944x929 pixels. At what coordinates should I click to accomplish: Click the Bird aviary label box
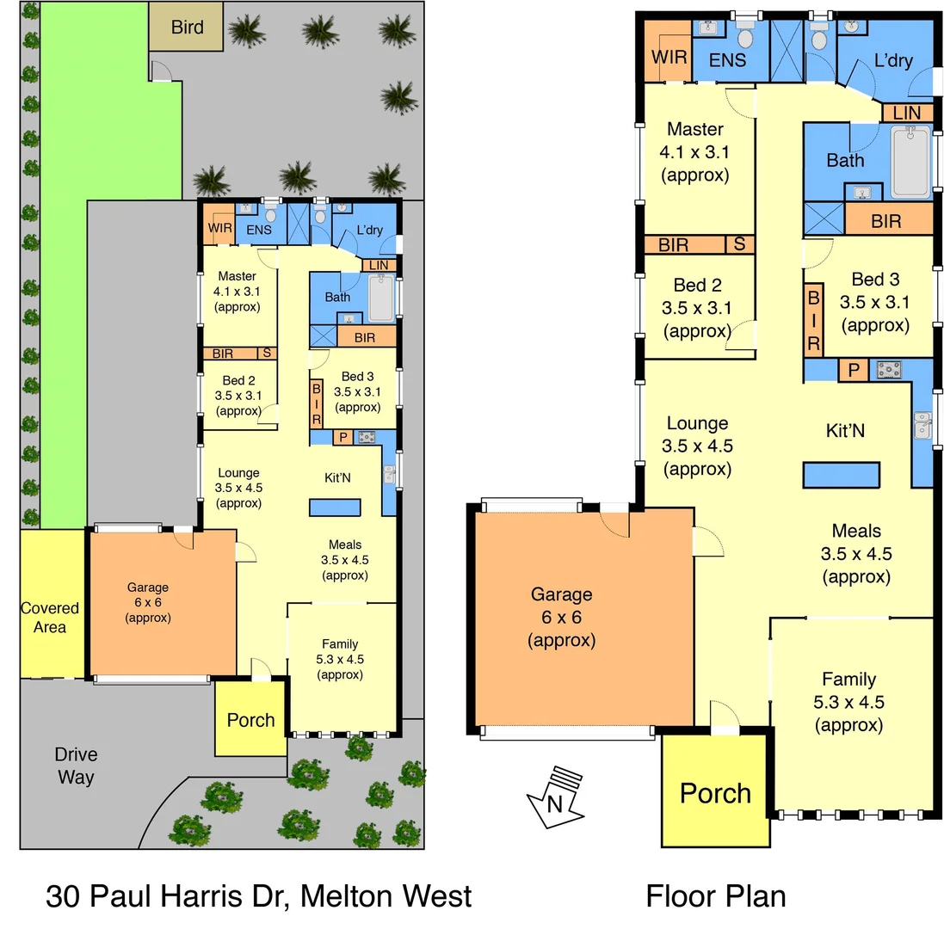(x=187, y=27)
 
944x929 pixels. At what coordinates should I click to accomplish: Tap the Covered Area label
(x=50, y=618)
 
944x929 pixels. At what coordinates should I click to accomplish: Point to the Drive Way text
(x=76, y=766)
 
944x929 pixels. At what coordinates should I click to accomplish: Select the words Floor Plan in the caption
(x=715, y=895)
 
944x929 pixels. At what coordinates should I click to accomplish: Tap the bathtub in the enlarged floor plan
(x=910, y=161)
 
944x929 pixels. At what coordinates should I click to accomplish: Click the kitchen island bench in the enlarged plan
(x=841, y=475)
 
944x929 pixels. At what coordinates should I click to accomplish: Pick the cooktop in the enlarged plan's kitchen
(x=889, y=371)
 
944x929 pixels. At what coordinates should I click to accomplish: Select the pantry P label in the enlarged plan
(x=854, y=371)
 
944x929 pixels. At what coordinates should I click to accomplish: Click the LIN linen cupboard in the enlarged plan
(x=907, y=113)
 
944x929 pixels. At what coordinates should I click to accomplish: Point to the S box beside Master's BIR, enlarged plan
(x=739, y=244)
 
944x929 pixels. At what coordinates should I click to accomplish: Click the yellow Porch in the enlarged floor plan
(x=715, y=791)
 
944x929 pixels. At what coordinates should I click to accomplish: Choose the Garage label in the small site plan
(x=148, y=588)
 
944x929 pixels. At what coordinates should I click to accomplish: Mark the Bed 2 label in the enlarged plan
(x=697, y=286)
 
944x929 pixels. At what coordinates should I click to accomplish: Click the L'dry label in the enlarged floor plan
(x=893, y=60)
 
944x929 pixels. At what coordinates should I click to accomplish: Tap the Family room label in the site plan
(x=339, y=643)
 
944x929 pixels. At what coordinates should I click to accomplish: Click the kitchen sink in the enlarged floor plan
(x=922, y=426)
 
